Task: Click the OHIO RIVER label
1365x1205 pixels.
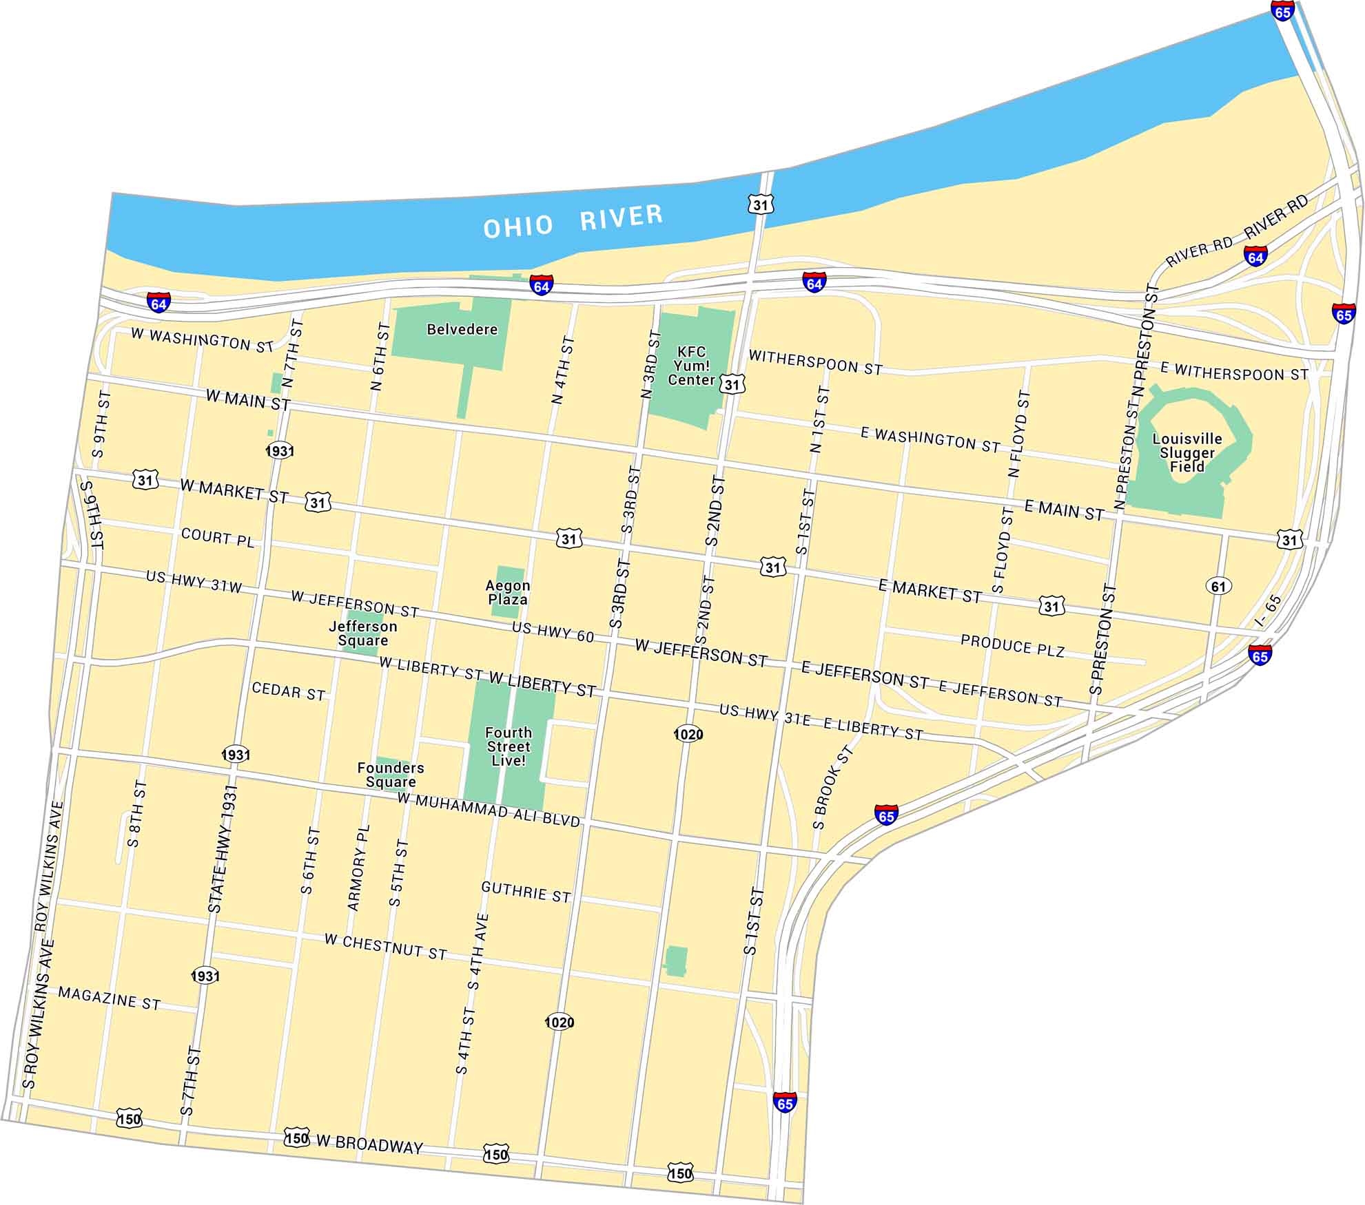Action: coord(573,221)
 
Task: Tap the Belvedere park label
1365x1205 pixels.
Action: coord(462,329)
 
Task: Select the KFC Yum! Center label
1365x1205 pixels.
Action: coord(691,366)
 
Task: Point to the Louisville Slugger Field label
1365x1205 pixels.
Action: coord(1187,452)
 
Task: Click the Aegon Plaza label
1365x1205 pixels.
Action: coord(508,592)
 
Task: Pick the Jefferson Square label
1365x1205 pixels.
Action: coord(363,633)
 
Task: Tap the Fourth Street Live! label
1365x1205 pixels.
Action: coord(509,746)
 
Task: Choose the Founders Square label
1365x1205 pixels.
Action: coord(391,775)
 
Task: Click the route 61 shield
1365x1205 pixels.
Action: coord(1218,586)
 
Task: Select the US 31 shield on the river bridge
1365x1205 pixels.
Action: coord(760,205)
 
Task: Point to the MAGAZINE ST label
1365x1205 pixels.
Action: coord(109,998)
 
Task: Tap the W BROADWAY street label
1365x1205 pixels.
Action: coord(369,1144)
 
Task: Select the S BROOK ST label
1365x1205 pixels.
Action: coord(832,788)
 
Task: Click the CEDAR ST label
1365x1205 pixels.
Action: coord(288,691)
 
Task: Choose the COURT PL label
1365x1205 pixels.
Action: coord(218,537)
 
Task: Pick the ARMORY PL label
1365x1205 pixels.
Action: coord(359,868)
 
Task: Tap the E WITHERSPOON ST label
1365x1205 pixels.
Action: coord(1233,372)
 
